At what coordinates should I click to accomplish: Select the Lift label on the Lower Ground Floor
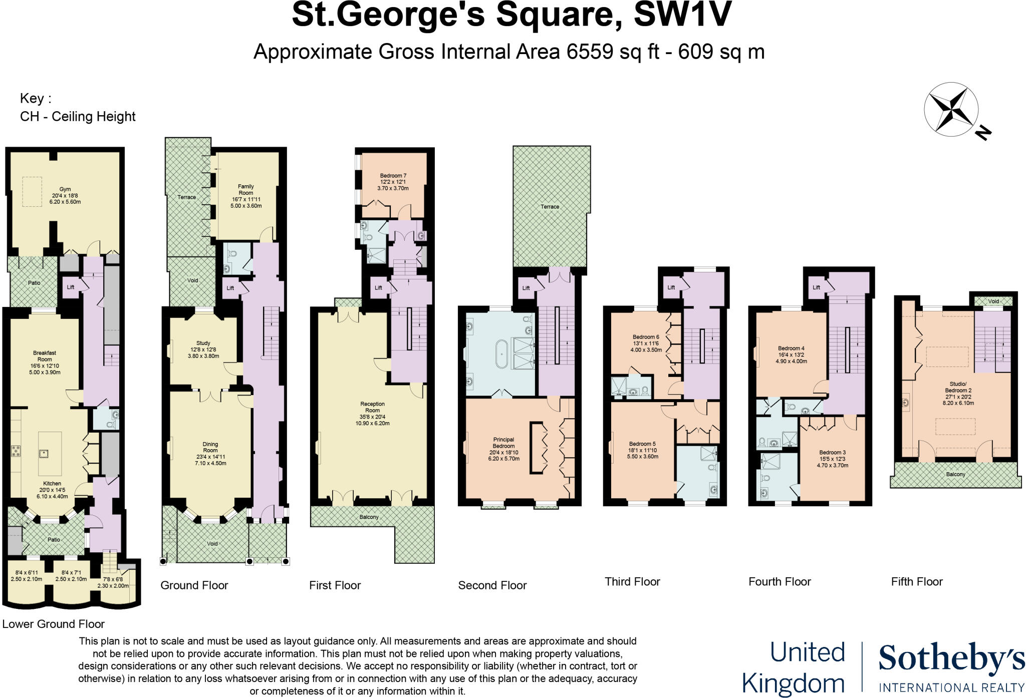point(71,287)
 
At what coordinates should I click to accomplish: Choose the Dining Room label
point(210,447)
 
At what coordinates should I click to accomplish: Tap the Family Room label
point(245,189)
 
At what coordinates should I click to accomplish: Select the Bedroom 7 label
point(393,176)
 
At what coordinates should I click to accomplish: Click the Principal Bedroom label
point(503,443)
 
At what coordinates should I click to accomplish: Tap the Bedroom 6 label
point(645,337)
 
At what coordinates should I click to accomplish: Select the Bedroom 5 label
point(642,444)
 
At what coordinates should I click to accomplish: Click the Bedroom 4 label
point(791,348)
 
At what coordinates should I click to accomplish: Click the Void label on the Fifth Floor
point(993,301)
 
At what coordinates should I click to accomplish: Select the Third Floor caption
point(632,582)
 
